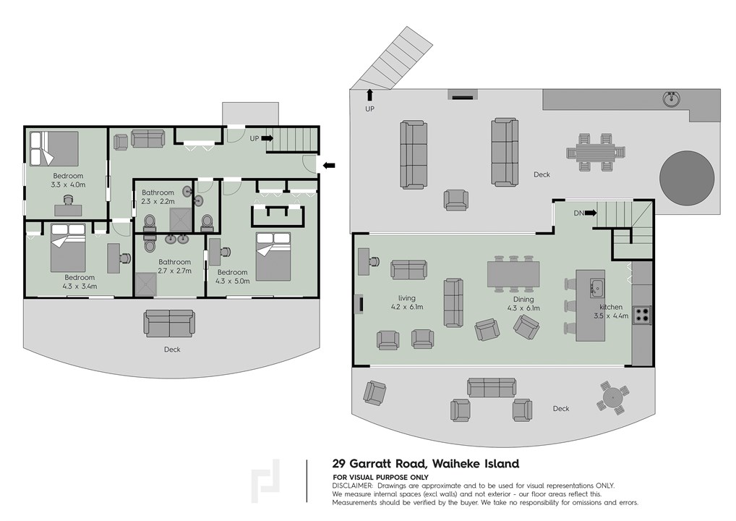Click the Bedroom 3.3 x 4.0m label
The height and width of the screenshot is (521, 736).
coord(67,180)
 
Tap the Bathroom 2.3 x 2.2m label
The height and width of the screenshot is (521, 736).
coord(158,197)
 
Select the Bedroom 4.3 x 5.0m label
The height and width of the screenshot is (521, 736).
coord(233,276)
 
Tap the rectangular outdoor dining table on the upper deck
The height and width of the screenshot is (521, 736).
coord(595,152)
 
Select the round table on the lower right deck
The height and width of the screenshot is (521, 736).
coord(613,397)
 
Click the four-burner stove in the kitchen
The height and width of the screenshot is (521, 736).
coord(641,315)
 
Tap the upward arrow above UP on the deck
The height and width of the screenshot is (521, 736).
coord(369,94)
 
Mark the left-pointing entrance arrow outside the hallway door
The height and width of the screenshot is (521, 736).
coord(328,166)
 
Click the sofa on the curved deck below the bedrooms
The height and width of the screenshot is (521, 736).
coord(170,323)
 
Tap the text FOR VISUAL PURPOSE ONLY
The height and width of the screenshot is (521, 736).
coord(380,478)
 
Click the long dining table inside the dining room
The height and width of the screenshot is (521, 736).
coord(513,274)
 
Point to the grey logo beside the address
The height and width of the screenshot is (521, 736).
coord(266,481)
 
